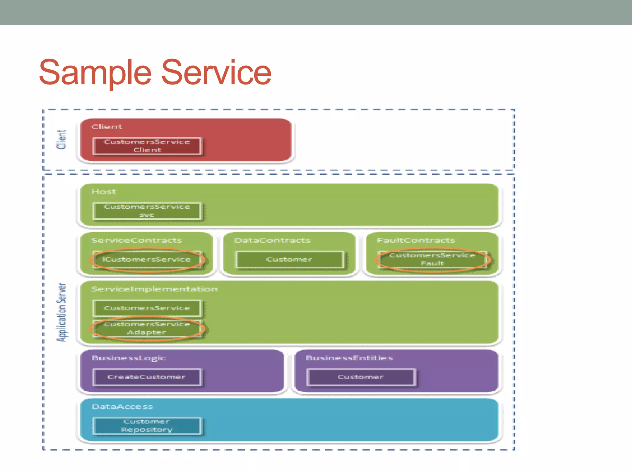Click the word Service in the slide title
(216, 73)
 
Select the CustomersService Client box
(147, 146)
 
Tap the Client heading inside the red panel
(107, 127)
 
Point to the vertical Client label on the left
(61, 139)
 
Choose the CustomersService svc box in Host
(147, 211)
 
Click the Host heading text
(104, 192)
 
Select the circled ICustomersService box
(147, 260)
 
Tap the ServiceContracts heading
(137, 240)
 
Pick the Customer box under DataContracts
(289, 260)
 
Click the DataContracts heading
(272, 240)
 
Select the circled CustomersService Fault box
(432, 259)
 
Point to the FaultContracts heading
(416, 240)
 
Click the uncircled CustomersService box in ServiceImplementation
(147, 308)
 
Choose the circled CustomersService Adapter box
(147, 328)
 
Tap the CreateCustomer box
(147, 377)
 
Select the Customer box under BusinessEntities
(360, 377)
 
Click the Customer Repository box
(147, 426)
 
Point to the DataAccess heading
(122, 407)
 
